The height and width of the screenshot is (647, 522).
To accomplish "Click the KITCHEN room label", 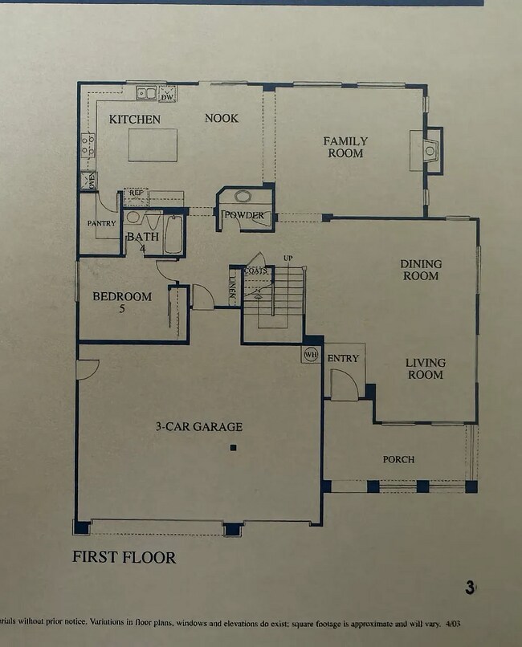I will pos(135,120).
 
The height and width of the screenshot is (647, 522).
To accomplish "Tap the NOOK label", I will pos(221,118).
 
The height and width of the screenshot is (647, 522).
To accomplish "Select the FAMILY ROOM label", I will pos(345,147).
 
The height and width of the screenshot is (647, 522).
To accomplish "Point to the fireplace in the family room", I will pos(430,149).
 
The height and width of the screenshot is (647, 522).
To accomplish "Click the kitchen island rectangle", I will pos(153,144).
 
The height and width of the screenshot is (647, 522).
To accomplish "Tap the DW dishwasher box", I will pos(167,96).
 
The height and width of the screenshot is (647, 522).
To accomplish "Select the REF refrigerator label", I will pos(136,193).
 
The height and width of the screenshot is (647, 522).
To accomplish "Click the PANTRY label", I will pos(101,223).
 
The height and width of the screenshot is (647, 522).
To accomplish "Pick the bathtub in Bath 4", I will pos(173,234).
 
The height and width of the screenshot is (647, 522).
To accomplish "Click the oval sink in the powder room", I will pos(243,197).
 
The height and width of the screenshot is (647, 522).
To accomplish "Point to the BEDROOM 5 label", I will pos(122,301).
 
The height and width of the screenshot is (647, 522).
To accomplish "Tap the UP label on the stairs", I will pos(288,258).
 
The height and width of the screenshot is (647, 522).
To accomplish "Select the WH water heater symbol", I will pos(310,354).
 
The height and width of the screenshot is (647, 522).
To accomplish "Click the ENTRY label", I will pos(344,358).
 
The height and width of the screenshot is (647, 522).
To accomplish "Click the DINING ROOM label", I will pos(421,270).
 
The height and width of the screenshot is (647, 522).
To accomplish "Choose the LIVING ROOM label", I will pos(425,368).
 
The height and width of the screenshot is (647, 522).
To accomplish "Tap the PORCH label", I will pos(398,459).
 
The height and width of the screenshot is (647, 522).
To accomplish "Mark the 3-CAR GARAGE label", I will pos(198,427).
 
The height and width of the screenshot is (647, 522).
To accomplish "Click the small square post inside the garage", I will pos(233,447).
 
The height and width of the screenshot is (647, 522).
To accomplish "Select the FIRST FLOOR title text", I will pos(124,557).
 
